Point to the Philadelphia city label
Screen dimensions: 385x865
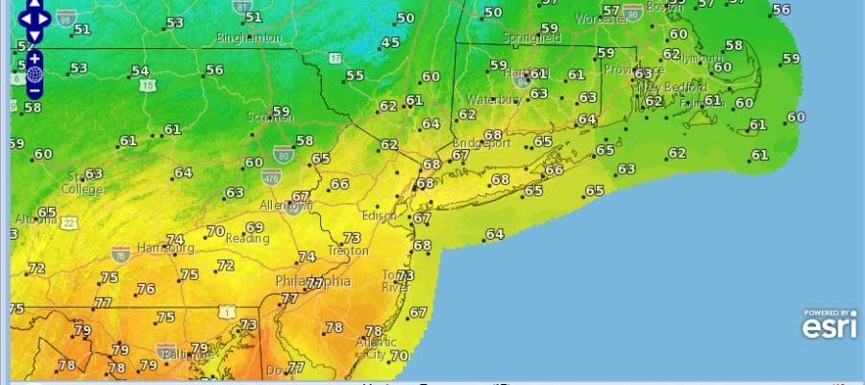coord(312,281)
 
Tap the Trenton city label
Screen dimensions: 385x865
coord(348,251)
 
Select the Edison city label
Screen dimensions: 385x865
coord(379,216)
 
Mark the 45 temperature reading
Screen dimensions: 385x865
coord(390,43)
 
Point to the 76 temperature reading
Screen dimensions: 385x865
coord(146,289)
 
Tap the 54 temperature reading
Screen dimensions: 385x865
coord(140,71)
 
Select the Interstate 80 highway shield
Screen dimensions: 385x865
coord(283,152)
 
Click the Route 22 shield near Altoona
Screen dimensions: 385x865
coord(70,223)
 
